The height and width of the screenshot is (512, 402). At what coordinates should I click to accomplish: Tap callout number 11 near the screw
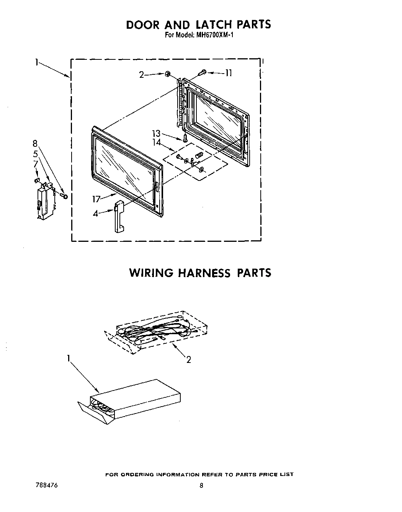coord(228,73)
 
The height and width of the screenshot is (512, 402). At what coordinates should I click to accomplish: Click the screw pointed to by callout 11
coord(203,72)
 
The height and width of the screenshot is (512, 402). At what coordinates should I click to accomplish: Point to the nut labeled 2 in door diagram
coord(168,74)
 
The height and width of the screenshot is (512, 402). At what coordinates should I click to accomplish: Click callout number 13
coord(156,133)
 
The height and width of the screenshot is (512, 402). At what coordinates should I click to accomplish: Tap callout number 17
coord(96,199)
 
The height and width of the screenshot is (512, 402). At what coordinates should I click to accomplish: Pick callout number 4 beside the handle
coord(96,213)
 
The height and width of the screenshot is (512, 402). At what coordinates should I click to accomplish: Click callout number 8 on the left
coord(35,144)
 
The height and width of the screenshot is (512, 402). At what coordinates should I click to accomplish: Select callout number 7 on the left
coord(35,164)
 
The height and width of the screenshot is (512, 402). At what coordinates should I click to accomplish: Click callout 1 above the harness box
coord(69,358)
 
